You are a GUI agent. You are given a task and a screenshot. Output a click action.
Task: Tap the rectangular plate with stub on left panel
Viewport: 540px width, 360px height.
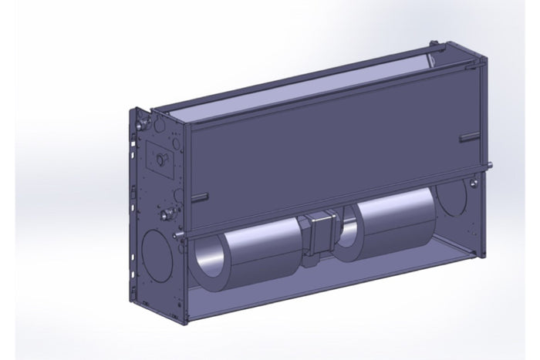160,157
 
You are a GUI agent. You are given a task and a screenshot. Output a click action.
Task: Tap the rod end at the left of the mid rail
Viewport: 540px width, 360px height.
177,231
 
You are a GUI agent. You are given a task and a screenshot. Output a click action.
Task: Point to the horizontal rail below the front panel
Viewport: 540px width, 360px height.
332,202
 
